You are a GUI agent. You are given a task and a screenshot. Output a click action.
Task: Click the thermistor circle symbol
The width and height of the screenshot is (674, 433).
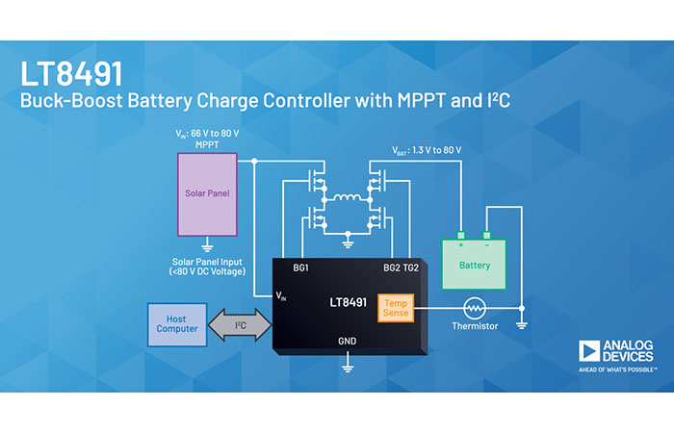coord(474,308)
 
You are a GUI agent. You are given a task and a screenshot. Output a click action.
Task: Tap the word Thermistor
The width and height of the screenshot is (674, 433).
coord(474,327)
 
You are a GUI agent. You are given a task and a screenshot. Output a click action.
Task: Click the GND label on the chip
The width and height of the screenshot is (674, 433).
coord(349,341)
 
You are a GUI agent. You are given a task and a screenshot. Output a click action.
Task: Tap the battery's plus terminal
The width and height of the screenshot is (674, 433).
coord(461,235)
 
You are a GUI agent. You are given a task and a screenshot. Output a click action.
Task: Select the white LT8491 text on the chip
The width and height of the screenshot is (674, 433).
coord(349,302)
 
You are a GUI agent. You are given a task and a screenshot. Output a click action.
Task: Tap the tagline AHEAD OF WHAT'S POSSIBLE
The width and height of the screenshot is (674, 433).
coord(617,369)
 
